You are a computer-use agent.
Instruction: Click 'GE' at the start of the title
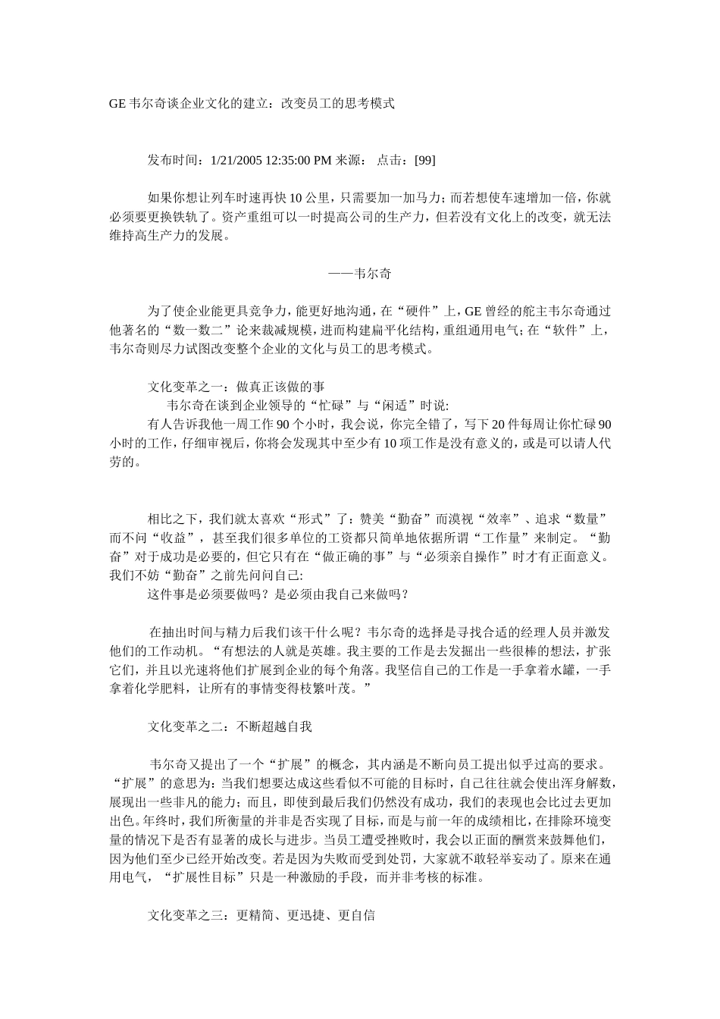[x=117, y=103]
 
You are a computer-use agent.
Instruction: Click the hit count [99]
[x=421, y=160]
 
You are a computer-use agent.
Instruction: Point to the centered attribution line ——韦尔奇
[x=359, y=273]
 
